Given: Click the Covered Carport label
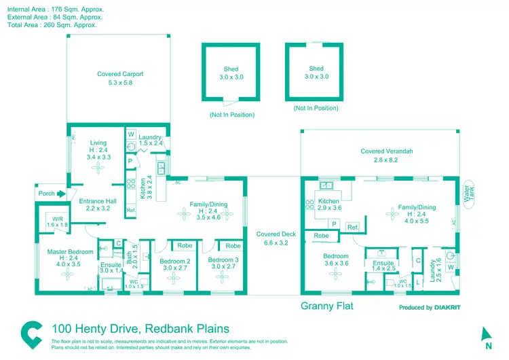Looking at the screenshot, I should (120, 74).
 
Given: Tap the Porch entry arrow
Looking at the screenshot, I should (60, 194).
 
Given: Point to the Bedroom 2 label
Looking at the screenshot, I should (174, 260).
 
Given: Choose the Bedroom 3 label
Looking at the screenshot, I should (223, 260).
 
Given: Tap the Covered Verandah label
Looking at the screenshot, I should (387, 151).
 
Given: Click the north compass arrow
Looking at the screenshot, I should (487, 334).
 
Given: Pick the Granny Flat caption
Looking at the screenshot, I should (327, 306).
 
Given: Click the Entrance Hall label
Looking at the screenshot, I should (98, 201).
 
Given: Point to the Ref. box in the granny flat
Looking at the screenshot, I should (353, 228).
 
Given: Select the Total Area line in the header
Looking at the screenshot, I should (52, 24).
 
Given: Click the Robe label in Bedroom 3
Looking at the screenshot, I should (233, 246).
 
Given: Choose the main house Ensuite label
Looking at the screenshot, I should (110, 265).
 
